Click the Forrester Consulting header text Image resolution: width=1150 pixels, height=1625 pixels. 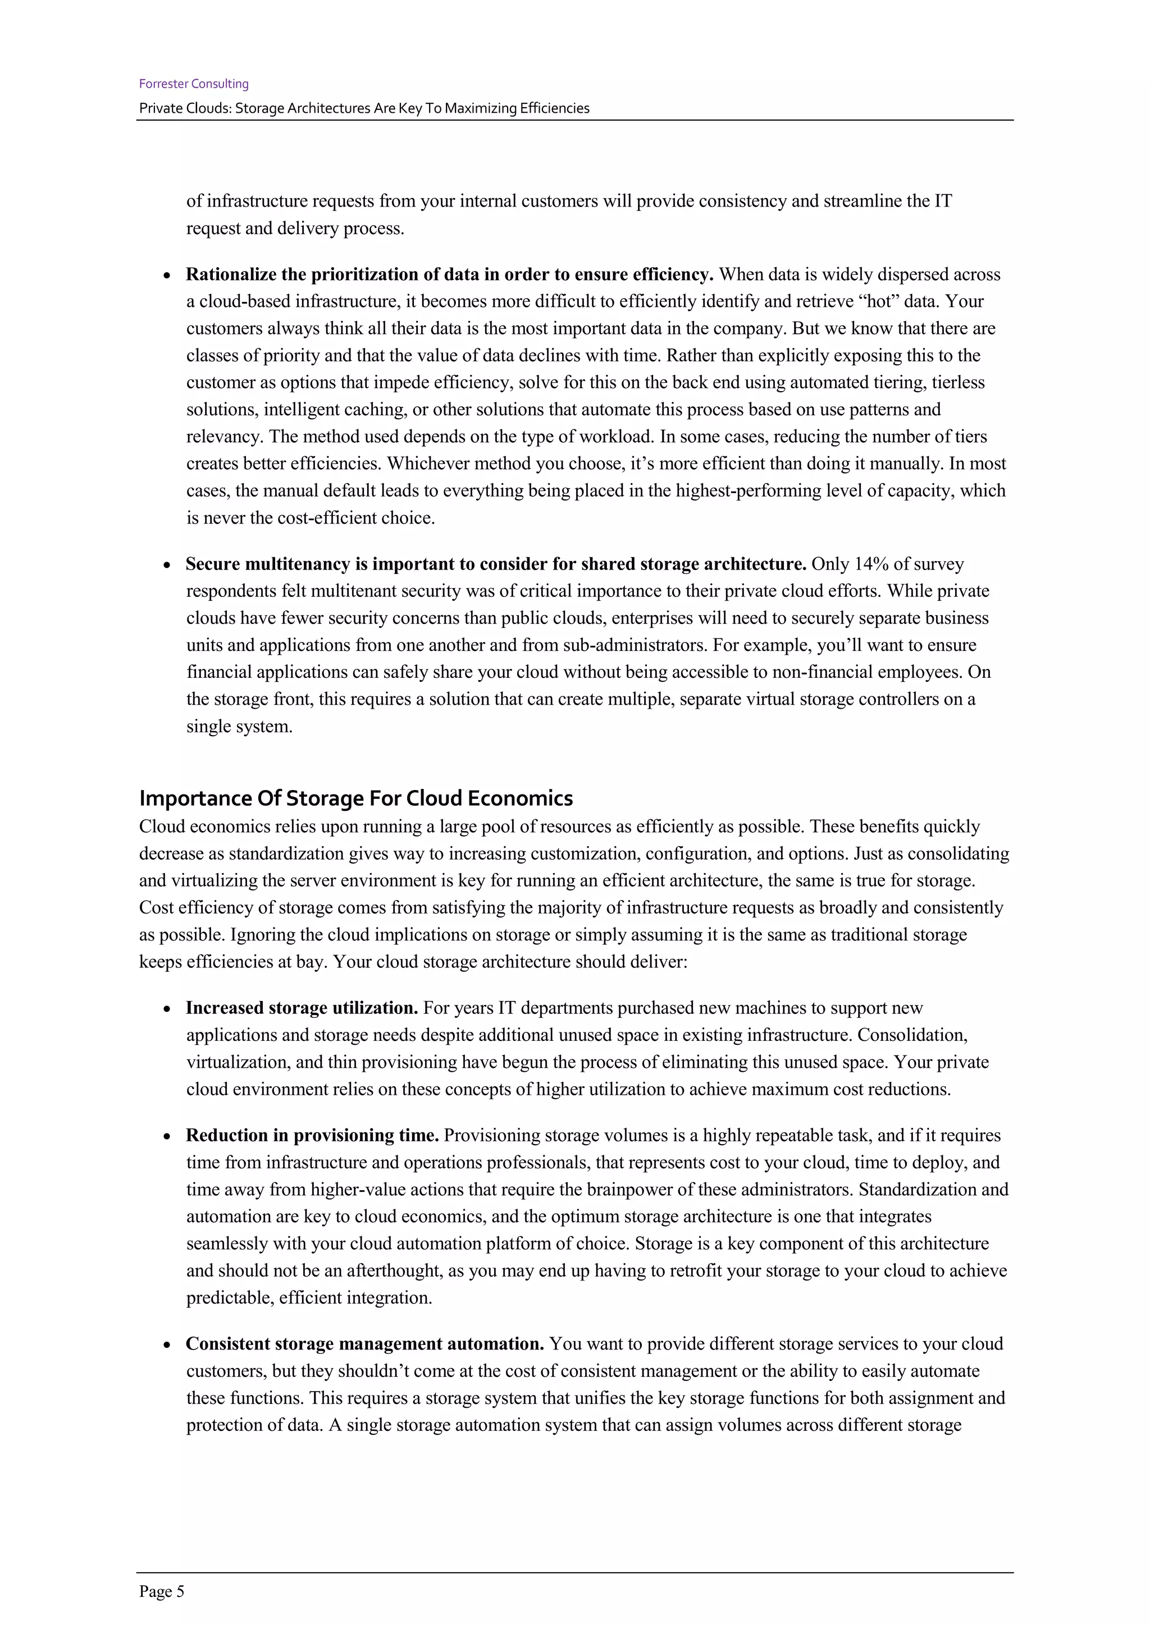[193, 84]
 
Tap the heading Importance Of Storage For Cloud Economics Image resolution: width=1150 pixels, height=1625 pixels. [355, 798]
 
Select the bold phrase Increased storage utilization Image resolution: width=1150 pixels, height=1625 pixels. [302, 1008]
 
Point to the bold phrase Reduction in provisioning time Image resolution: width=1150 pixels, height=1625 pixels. [312, 1135]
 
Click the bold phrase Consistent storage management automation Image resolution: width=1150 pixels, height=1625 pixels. [364, 1344]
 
